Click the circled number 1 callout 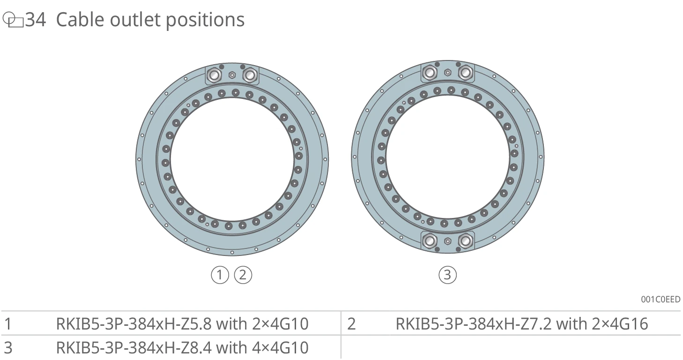(220, 275)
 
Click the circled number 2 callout (243, 275)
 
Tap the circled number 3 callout (448, 275)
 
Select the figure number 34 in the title (36, 20)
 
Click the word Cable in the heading (80, 20)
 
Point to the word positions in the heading (205, 21)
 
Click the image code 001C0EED (661, 299)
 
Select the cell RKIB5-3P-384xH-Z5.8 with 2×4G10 (182, 324)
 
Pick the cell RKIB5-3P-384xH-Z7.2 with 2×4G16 (522, 324)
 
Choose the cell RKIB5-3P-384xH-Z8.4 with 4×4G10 (182, 348)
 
